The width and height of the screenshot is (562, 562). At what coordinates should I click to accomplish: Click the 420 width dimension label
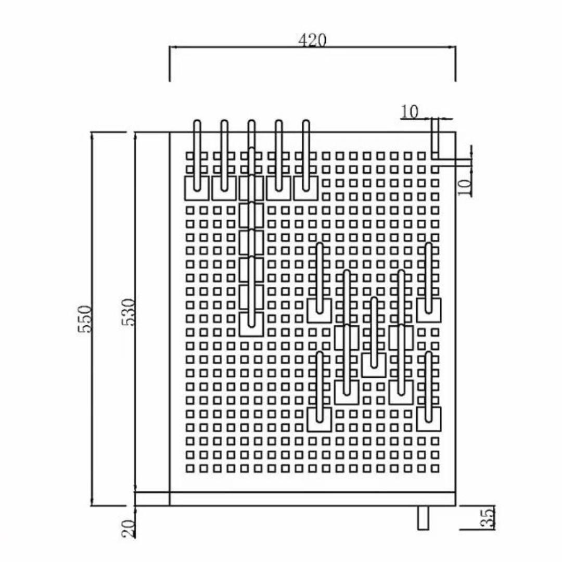(x=312, y=40)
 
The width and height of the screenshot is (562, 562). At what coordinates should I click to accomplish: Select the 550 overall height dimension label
(x=85, y=318)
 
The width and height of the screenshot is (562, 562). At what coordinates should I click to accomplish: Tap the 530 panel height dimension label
(x=129, y=312)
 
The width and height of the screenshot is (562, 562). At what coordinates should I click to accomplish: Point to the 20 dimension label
(x=129, y=529)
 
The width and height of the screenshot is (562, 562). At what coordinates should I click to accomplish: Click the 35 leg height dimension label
(x=488, y=517)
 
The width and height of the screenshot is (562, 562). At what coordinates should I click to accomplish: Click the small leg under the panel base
(x=423, y=517)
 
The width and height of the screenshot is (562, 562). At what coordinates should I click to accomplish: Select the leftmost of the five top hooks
(x=197, y=156)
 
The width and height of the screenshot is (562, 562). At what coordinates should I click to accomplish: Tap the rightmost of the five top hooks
(x=306, y=156)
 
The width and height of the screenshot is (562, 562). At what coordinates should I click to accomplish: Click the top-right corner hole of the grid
(x=435, y=156)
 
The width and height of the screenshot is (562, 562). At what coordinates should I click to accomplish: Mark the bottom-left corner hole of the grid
(x=190, y=468)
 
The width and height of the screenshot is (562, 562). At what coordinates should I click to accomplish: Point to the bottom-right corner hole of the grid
(x=435, y=468)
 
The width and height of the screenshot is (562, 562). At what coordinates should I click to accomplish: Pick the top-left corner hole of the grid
(x=190, y=156)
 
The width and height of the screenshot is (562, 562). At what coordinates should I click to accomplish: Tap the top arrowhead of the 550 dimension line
(x=92, y=136)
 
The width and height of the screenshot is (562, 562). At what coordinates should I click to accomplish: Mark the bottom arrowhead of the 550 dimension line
(x=92, y=502)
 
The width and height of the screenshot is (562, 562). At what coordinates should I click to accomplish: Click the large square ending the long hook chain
(x=251, y=324)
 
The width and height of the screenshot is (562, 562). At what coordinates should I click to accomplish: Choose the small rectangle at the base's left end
(x=152, y=499)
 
